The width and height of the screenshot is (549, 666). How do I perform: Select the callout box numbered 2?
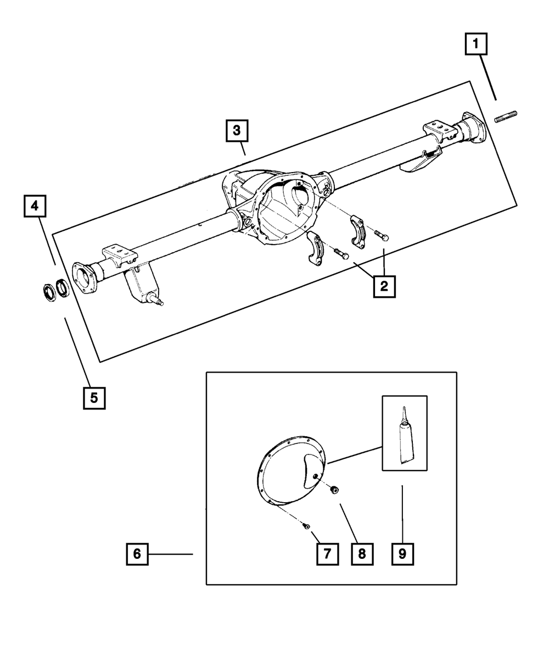pyautogui.click(x=384, y=286)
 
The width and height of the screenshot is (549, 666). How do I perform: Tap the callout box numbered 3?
pyautogui.click(x=236, y=131)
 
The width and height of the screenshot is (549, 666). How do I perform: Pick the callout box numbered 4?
pyautogui.click(x=35, y=206)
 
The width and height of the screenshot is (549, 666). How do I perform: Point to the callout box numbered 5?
pyautogui.click(x=94, y=398)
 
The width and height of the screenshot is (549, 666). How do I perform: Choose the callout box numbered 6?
pyautogui.click(x=137, y=554)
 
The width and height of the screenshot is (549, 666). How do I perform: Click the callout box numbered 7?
pyautogui.click(x=327, y=554)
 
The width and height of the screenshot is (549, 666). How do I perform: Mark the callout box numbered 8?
pyautogui.click(x=362, y=554)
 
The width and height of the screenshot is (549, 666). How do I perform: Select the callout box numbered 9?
pyautogui.click(x=402, y=554)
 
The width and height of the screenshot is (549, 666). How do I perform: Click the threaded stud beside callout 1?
pyautogui.click(x=506, y=117)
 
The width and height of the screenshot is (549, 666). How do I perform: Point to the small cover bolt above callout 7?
pyautogui.click(x=306, y=526)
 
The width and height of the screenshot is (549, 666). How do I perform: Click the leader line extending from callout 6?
pyautogui.click(x=170, y=554)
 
